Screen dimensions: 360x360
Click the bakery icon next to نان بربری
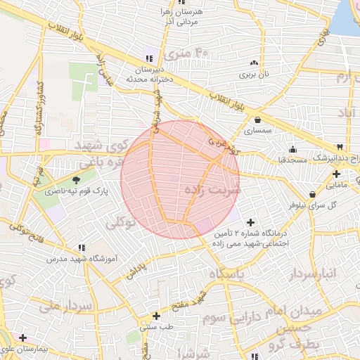250,62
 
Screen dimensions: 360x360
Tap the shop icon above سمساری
258,120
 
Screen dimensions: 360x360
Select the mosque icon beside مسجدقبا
292,149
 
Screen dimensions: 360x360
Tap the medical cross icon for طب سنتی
156,316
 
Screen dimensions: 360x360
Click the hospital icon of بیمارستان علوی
23,338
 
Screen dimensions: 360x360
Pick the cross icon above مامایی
336,174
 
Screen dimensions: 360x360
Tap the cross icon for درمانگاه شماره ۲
251,222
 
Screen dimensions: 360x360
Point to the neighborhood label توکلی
122,224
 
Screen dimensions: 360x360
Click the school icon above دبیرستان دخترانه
149,58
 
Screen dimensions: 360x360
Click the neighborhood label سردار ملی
66,307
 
